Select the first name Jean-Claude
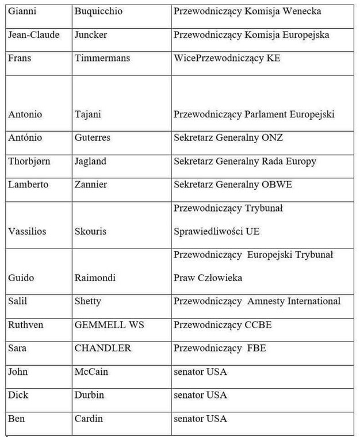[34, 34]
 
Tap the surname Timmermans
[102, 57]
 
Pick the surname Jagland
[90, 161]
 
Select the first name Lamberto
[28, 184]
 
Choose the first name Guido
[21, 278]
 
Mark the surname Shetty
[88, 301]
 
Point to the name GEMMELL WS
[109, 324]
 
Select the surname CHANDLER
[103, 348]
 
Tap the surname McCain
[91, 371]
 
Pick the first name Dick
[18, 395]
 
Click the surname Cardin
[89, 418]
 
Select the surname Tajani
[88, 114]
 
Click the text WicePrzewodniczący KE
[227, 57]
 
